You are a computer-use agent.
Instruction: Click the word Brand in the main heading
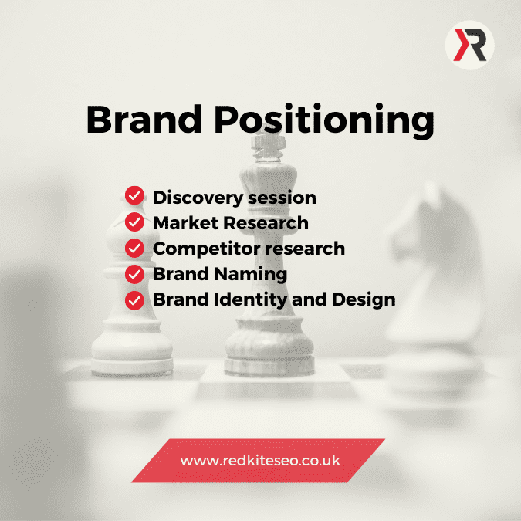(144, 119)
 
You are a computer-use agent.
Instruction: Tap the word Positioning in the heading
(324, 120)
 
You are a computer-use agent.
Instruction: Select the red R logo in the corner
(470, 45)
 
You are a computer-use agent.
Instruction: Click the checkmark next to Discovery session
(134, 195)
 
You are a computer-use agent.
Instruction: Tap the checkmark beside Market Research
(134, 222)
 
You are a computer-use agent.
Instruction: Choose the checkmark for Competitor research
(134, 248)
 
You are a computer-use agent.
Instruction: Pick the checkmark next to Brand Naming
(134, 274)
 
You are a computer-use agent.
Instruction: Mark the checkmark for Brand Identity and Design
(134, 300)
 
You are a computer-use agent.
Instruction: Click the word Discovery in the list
(198, 198)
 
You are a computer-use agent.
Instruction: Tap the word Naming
(251, 275)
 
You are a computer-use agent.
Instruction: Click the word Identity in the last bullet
(251, 300)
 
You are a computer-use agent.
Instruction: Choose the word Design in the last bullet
(364, 300)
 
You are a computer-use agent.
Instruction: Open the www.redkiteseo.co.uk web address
(260, 461)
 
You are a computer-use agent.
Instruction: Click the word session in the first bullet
(282, 198)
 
